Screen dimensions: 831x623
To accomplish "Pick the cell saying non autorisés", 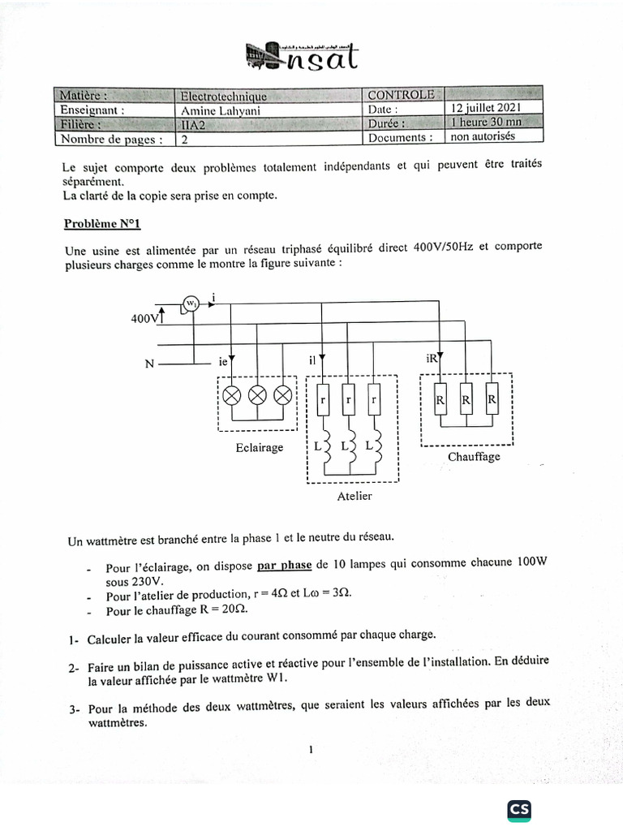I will point(483,136).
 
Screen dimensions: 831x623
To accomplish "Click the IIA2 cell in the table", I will point(195,124).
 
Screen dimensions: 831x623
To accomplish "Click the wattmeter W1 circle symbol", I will point(191,304).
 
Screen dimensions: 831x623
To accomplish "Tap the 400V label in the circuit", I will point(144,319).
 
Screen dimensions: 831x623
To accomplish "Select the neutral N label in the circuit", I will point(149,364).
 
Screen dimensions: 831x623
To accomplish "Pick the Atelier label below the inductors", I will point(354,496).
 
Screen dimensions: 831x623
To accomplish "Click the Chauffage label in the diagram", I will point(474,457).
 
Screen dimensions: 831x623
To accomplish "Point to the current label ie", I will point(224,360).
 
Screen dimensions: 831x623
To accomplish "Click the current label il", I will point(314,360).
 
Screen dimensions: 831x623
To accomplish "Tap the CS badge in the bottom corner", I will point(520,809).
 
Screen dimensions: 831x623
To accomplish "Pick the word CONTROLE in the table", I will point(401,95).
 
